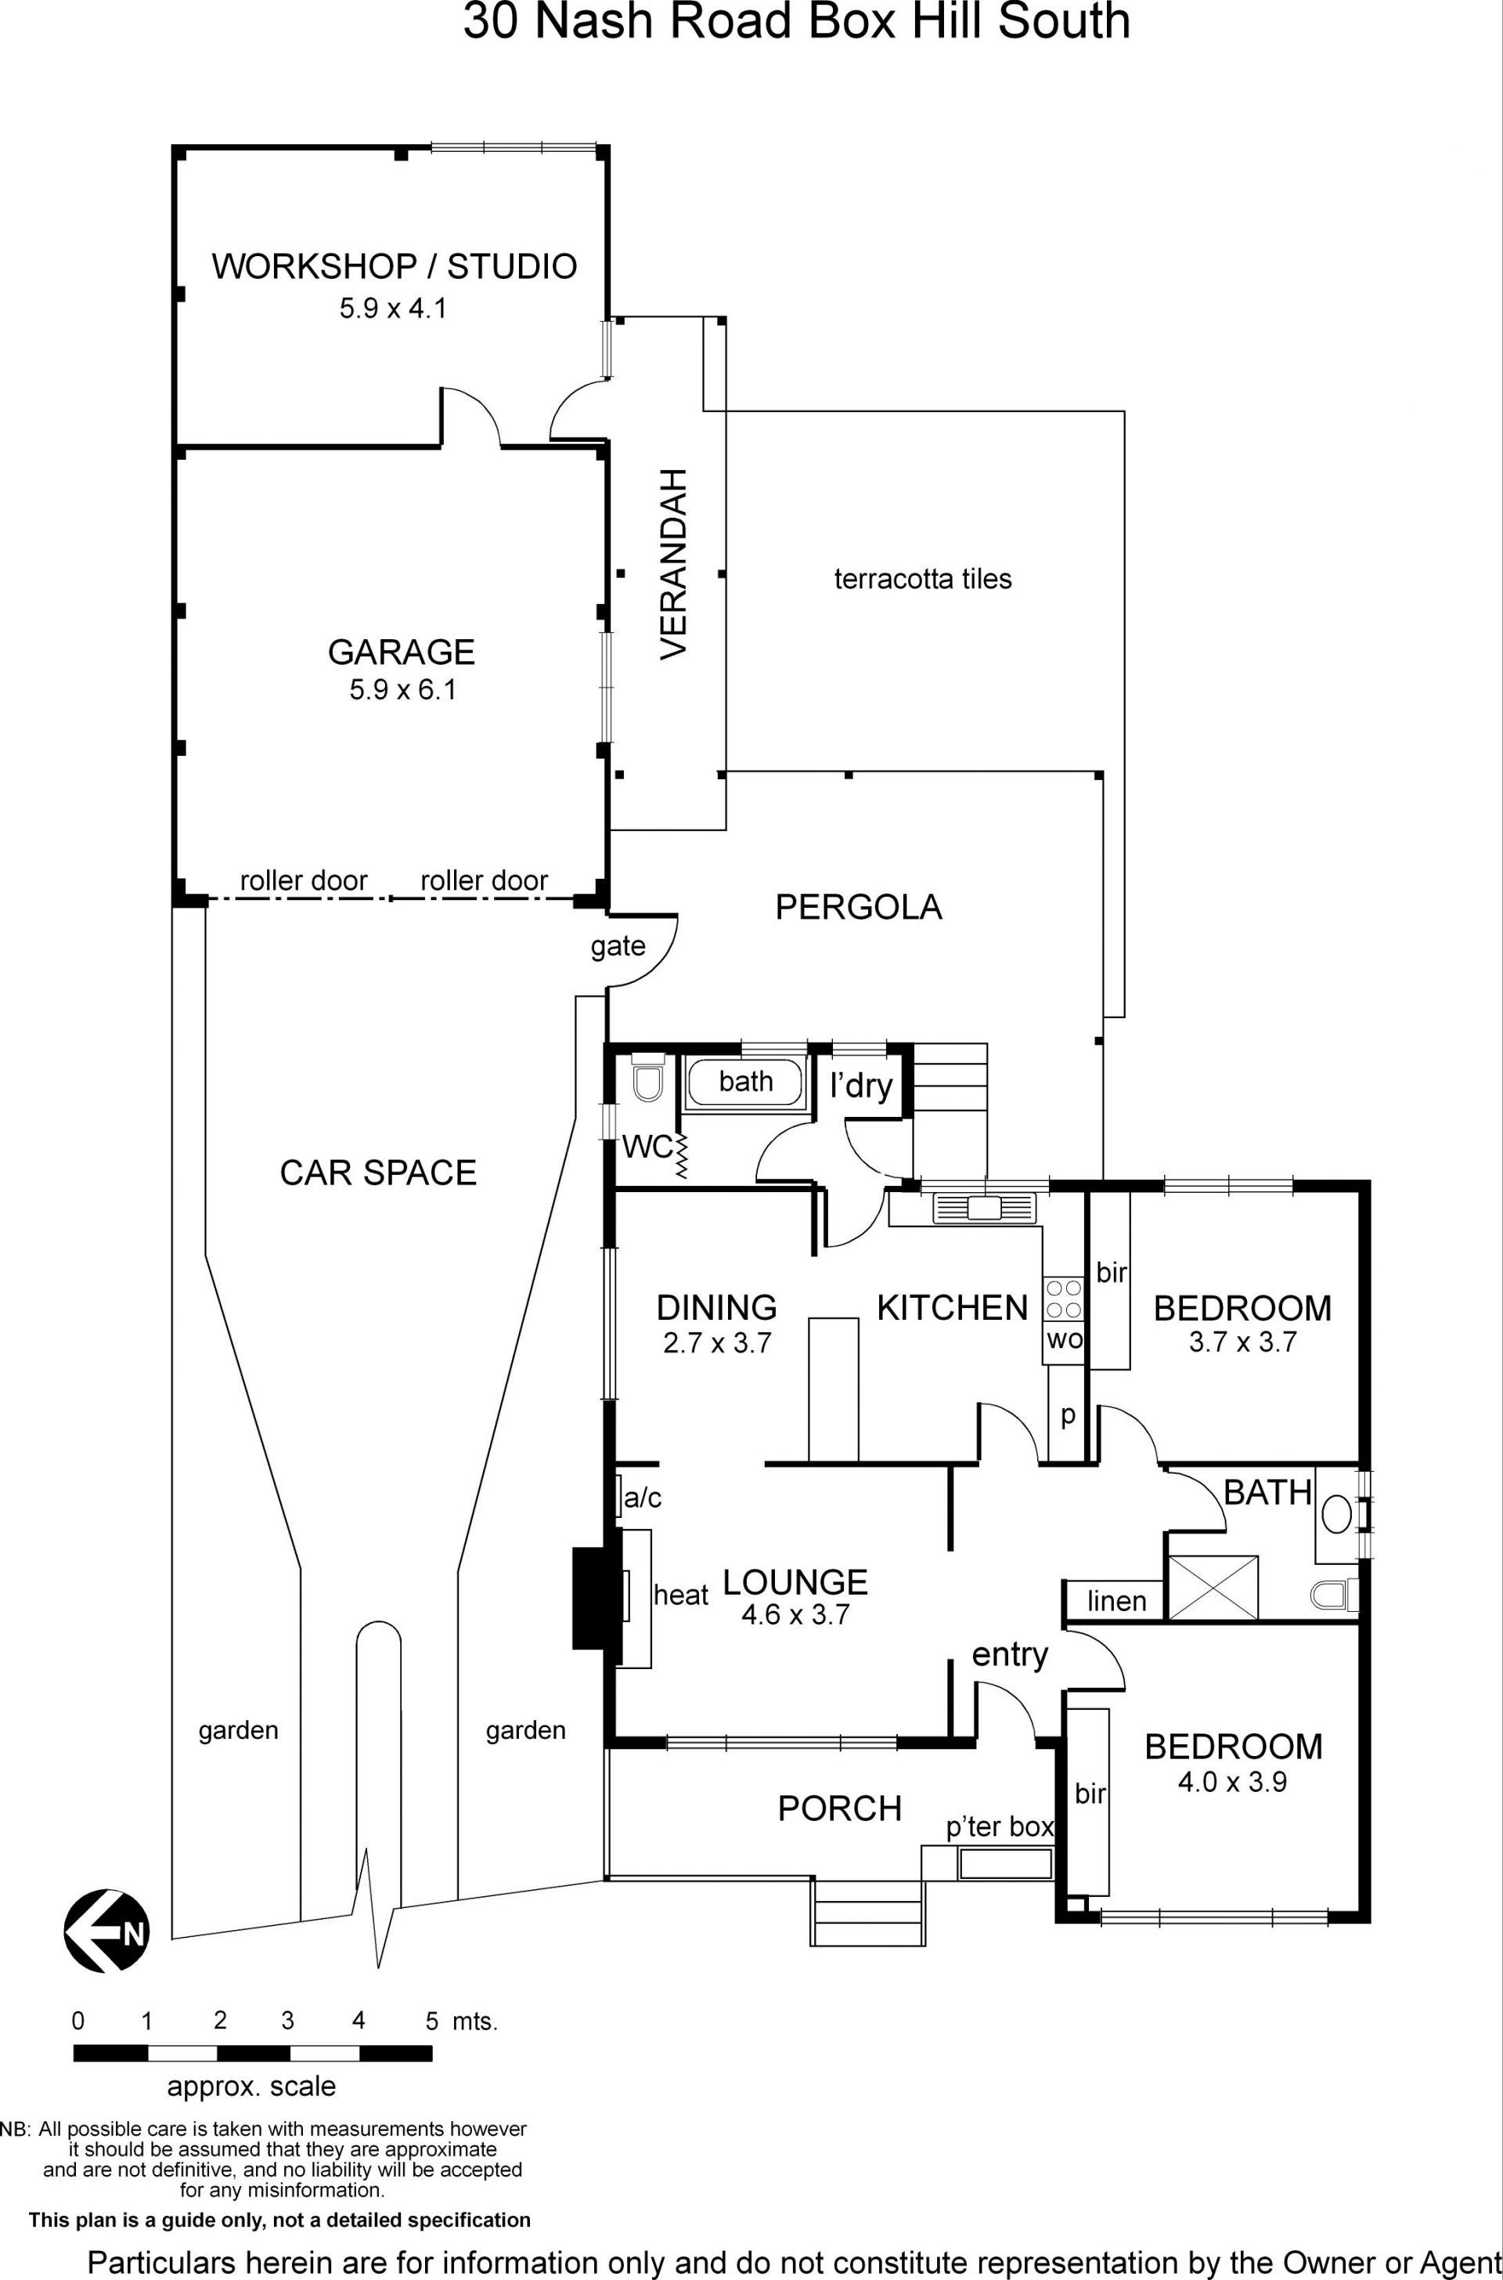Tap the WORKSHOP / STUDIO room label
[394, 266]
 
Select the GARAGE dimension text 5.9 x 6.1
[402, 689]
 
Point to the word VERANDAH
[675, 564]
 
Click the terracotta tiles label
[923, 579]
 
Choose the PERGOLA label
[858, 907]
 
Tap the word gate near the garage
[618, 947]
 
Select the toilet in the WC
[649, 1079]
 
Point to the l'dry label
[861, 1086]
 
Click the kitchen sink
[986, 1207]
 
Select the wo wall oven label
[1064, 1339]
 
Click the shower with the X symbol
[1212, 1588]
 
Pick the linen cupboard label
[1117, 1601]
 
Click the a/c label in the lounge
[642, 1498]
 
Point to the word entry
[1011, 1655]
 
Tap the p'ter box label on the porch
[1000, 1827]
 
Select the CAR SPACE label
[377, 1173]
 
